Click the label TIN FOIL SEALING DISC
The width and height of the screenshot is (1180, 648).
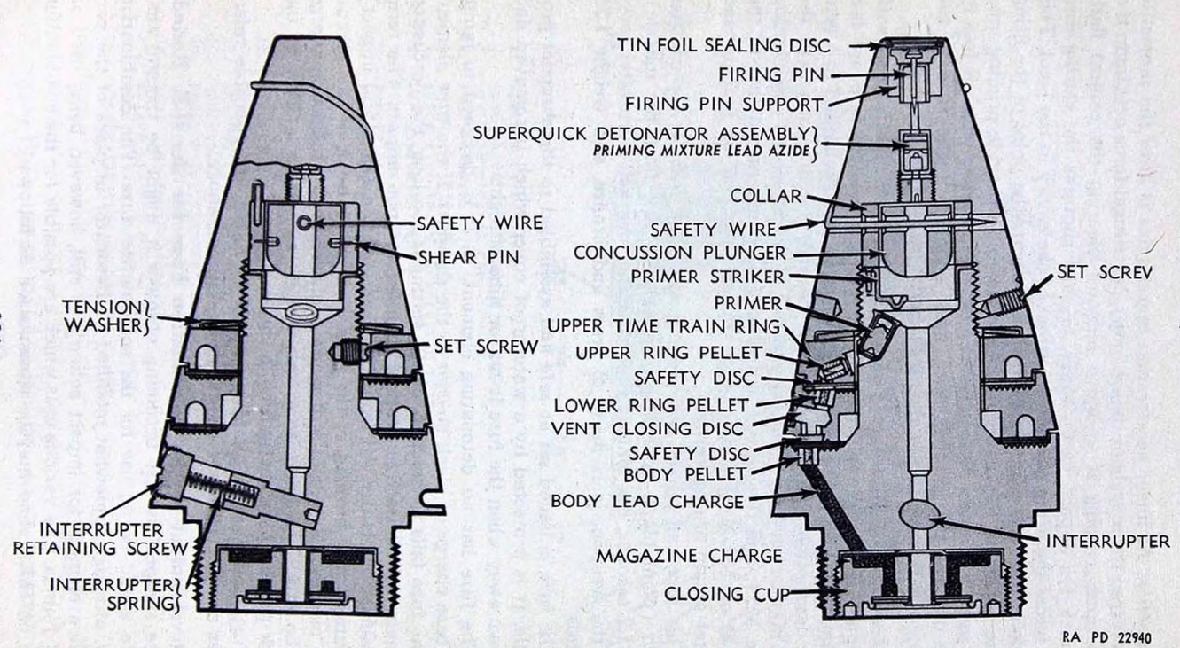coord(723,45)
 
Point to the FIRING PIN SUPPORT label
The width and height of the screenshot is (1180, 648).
coord(724,105)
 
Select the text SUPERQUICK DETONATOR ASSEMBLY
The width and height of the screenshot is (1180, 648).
coord(641,133)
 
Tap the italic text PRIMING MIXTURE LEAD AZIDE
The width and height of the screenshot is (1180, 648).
coord(701,152)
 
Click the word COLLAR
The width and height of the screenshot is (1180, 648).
coord(766,197)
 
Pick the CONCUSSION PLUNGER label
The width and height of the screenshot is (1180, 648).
coord(680,253)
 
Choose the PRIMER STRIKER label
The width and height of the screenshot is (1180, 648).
coord(707,277)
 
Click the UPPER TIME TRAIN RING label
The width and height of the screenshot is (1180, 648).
coord(664,326)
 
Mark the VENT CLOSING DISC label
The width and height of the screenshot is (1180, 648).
coord(647,429)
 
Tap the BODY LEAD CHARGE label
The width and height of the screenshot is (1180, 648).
coord(647,502)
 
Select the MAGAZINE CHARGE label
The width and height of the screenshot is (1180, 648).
coord(689,556)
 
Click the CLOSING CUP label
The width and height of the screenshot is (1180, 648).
coord(726,594)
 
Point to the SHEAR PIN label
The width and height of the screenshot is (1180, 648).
coord(468,258)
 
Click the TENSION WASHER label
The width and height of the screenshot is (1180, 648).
coord(105,316)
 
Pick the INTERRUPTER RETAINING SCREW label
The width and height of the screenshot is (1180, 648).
coord(100,539)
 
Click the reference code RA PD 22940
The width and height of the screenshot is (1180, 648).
coord(1106,637)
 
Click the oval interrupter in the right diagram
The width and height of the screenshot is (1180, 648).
coord(919,513)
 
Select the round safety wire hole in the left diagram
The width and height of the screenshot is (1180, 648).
coord(304,223)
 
